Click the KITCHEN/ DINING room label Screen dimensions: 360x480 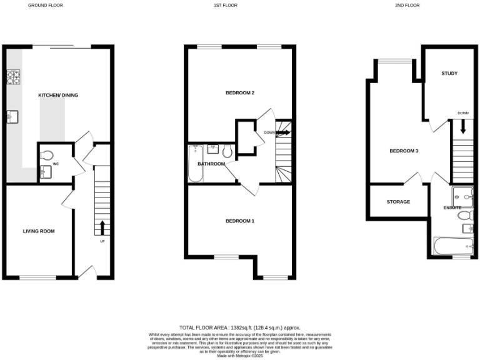coord(58,95)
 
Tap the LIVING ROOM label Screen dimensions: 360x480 coord(39,231)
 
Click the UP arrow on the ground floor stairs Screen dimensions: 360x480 coord(102,226)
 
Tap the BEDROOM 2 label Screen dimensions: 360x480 coord(240,93)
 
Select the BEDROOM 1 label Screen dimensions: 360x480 coord(240,221)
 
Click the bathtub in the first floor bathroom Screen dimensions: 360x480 coord(195,164)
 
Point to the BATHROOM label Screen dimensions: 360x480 coord(211,164)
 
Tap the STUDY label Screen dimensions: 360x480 coord(449,74)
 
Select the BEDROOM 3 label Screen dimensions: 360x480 coord(404,151)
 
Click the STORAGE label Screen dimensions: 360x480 coord(398,202)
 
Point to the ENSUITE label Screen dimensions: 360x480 coord(452,207)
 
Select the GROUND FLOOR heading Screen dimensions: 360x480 coord(46,5)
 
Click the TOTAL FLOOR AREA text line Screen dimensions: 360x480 coord(240,327)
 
